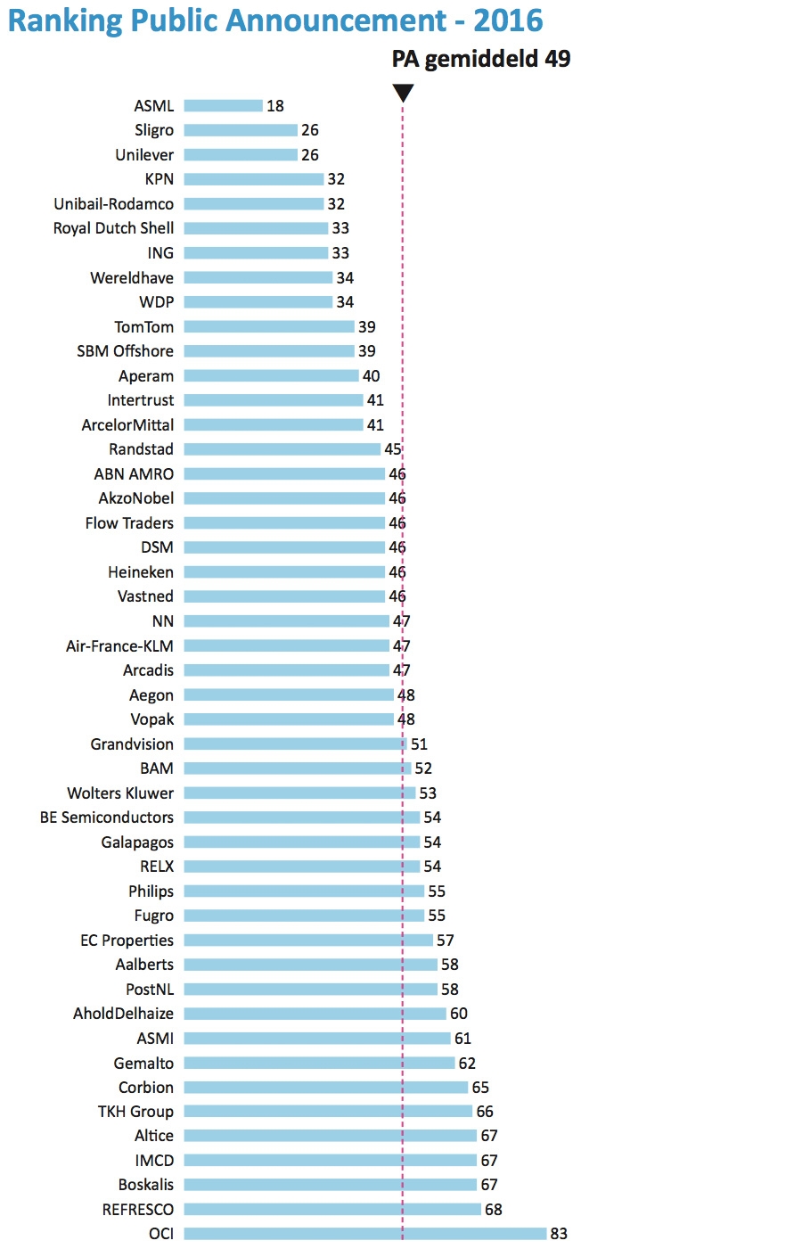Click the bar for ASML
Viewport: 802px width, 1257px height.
pyautogui.click(x=223, y=106)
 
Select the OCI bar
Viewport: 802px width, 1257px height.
pyautogui.click(x=364, y=1234)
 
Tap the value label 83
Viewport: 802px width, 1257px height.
pyautogui.click(x=559, y=1234)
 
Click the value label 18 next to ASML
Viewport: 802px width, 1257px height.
pyautogui.click(x=275, y=106)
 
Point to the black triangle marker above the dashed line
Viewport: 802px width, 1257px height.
pyautogui.click(x=403, y=93)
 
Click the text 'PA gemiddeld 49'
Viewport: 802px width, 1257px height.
pyautogui.click(x=480, y=59)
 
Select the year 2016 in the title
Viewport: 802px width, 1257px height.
pyautogui.click(x=509, y=20)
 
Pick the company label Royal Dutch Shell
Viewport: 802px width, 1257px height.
pyautogui.click(x=113, y=228)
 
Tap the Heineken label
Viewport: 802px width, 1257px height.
pyautogui.click(x=141, y=572)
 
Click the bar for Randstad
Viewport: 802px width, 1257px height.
pyautogui.click(x=282, y=449)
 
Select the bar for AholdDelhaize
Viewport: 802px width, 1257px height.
pyautogui.click(x=315, y=1014)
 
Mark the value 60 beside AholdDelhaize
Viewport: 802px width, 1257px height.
pyautogui.click(x=459, y=1014)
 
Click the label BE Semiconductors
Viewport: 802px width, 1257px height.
pyautogui.click(x=107, y=817)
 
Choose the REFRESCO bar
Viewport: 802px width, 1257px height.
pyautogui.click(x=332, y=1210)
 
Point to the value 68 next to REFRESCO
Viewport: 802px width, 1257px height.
pyautogui.click(x=494, y=1210)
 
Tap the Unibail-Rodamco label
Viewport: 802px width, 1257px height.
pyautogui.click(x=113, y=204)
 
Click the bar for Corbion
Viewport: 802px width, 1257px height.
pyautogui.click(x=325, y=1088)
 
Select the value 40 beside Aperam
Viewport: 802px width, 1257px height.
pyautogui.click(x=372, y=376)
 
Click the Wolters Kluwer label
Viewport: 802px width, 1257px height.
pyautogui.click(x=120, y=793)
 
